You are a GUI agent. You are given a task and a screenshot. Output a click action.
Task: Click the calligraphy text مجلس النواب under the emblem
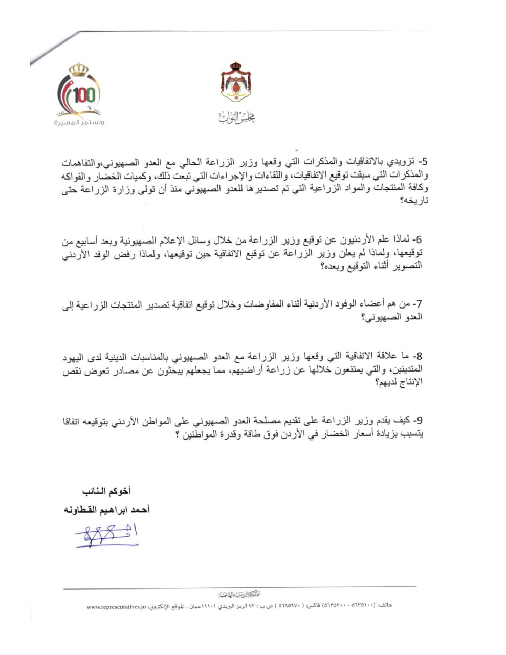(236, 118)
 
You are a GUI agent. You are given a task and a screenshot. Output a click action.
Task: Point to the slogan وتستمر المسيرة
(79, 123)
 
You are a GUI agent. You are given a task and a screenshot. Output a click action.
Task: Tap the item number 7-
(417, 304)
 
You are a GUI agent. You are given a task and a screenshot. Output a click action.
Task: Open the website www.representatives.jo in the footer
(117, 607)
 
